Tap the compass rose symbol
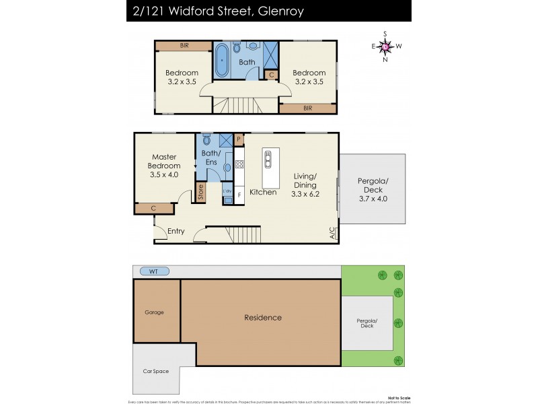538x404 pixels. click(x=385, y=46)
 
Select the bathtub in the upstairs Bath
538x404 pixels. click(x=223, y=61)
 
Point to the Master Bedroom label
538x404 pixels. click(x=164, y=161)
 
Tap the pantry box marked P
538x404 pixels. click(x=238, y=141)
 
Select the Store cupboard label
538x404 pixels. click(x=200, y=192)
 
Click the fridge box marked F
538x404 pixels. click(x=239, y=194)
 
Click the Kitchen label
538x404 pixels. click(x=263, y=193)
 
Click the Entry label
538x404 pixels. click(x=176, y=232)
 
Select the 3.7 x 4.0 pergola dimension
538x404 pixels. click(x=373, y=199)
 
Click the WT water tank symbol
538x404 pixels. click(x=155, y=271)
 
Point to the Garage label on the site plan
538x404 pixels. click(x=155, y=312)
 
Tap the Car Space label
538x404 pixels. click(x=156, y=371)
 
